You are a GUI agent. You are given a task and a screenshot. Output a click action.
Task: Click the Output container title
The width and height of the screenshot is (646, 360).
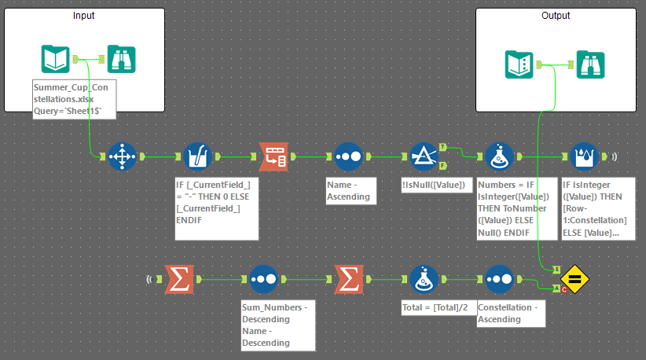click(x=556, y=16)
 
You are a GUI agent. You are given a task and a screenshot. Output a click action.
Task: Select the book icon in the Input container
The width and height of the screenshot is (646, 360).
click(x=55, y=59)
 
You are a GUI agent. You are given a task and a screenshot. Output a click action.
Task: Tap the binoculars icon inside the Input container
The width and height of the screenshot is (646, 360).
click(x=121, y=59)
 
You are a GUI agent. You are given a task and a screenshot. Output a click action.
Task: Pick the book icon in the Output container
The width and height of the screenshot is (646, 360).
click(x=519, y=64)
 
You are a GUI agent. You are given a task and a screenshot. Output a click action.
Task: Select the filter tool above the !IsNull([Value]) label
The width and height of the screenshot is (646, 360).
click(x=424, y=156)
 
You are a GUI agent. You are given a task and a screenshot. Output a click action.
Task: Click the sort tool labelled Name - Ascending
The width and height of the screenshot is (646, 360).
click(x=348, y=156)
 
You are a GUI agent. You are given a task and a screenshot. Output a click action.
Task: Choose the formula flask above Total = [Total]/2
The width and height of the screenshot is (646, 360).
click(x=424, y=278)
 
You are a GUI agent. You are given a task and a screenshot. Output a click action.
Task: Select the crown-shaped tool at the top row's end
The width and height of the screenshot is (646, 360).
click(x=582, y=156)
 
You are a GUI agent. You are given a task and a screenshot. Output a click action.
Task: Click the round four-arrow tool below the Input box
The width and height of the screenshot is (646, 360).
click(x=121, y=156)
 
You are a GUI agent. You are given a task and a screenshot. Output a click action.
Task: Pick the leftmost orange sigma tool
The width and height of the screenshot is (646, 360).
click(x=179, y=278)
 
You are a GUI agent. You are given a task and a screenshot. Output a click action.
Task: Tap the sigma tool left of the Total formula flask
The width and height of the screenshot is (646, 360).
click(x=348, y=278)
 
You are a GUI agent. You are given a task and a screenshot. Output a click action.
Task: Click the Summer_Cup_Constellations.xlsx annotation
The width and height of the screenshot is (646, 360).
click(x=75, y=98)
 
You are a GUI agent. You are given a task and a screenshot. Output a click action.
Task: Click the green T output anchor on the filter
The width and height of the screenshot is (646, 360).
click(x=443, y=147)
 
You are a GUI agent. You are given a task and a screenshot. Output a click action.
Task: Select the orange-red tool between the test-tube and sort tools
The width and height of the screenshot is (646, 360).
click(x=273, y=156)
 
